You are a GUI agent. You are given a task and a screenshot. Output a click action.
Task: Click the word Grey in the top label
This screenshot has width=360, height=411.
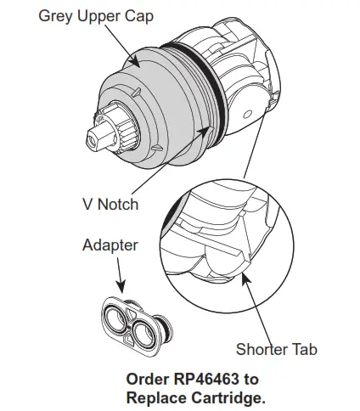pyautogui.click(x=58, y=16)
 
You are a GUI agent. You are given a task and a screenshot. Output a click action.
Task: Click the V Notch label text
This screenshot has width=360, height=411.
pyautogui.click(x=110, y=204)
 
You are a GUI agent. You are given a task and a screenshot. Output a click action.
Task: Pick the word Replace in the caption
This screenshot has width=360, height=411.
pyautogui.click(x=160, y=397)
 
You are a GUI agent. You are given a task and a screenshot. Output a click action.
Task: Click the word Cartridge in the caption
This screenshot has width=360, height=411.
pyautogui.click(x=231, y=397)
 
